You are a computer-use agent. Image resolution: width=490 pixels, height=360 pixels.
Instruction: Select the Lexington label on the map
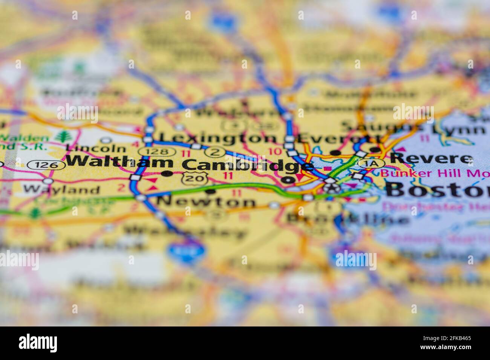click(x=217, y=138)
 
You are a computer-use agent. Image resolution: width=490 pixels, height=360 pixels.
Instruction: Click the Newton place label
click(x=206, y=202)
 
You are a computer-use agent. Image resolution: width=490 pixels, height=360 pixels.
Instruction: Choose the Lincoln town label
click(x=95, y=148)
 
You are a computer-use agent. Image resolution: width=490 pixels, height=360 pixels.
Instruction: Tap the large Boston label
click(x=437, y=190)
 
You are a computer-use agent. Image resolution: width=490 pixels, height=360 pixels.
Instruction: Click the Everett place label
click(x=339, y=138)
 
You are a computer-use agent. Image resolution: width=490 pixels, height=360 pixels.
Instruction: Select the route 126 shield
click(x=48, y=165)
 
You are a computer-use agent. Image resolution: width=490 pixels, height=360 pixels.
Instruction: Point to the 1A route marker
click(x=371, y=163)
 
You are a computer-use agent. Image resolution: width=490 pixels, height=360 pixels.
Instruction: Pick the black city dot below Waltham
click(x=167, y=174)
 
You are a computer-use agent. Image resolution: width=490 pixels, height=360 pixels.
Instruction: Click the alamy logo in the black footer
click(x=38, y=343)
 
